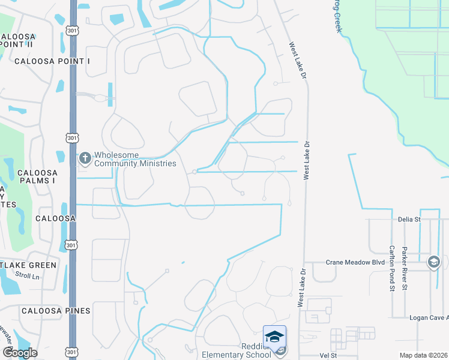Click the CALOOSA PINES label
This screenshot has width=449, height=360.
click(x=56, y=311)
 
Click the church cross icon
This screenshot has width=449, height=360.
click(x=85, y=158)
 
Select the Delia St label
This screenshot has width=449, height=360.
click(x=409, y=220)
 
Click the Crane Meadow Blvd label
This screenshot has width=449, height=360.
click(x=355, y=262)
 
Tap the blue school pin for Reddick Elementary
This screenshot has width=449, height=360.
click(x=274, y=337)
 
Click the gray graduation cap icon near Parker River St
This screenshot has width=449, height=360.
click(x=434, y=262)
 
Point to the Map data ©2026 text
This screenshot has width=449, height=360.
click(x=423, y=356)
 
